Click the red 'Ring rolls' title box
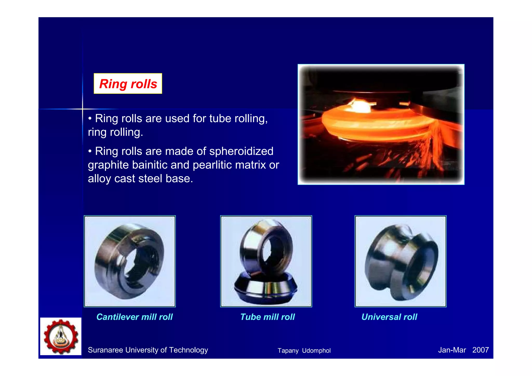[x=128, y=84]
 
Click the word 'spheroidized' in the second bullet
[x=241, y=151]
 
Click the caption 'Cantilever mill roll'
[x=134, y=317]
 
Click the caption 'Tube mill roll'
[x=267, y=317]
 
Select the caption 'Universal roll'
[x=389, y=317]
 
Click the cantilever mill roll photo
[x=129, y=261]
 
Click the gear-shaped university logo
[x=61, y=336]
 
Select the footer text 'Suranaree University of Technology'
[x=148, y=350]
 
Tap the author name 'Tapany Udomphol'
[x=304, y=351]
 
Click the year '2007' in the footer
[x=480, y=350]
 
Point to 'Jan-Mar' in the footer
[x=452, y=350]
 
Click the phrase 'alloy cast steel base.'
[x=140, y=179]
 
